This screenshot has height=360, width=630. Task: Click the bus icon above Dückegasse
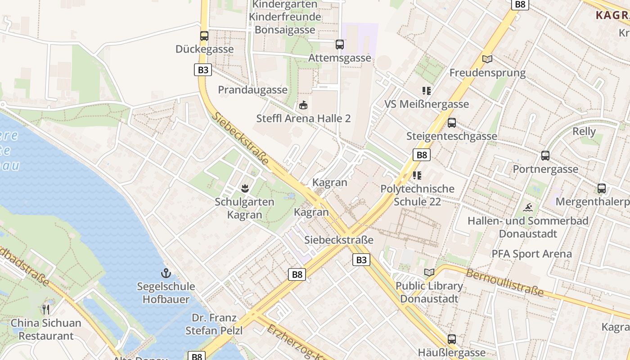(204, 36)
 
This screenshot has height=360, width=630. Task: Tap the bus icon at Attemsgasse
(340, 45)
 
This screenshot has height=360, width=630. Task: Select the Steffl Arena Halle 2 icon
(303, 106)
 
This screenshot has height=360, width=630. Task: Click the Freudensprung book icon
(487, 59)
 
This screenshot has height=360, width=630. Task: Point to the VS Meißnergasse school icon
(427, 91)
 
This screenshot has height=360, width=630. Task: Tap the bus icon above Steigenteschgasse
(452, 123)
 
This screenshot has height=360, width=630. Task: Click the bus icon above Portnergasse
(545, 156)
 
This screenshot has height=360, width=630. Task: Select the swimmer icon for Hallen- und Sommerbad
(528, 207)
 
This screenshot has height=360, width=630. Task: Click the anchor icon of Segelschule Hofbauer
(166, 273)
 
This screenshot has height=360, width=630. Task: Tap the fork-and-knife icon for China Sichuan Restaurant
(46, 309)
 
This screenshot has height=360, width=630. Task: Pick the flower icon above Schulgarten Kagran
(245, 188)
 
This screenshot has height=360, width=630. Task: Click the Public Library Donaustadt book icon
(429, 272)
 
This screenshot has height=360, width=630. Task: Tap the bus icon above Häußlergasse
(452, 339)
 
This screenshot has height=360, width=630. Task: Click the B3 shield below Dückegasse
(203, 70)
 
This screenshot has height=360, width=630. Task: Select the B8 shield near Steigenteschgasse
(421, 155)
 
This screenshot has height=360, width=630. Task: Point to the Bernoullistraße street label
(504, 283)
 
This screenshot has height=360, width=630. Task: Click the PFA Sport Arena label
(531, 254)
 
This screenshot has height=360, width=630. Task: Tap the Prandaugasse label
(252, 90)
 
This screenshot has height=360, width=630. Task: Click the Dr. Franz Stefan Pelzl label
(214, 324)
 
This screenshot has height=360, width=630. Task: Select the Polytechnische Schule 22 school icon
(417, 175)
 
